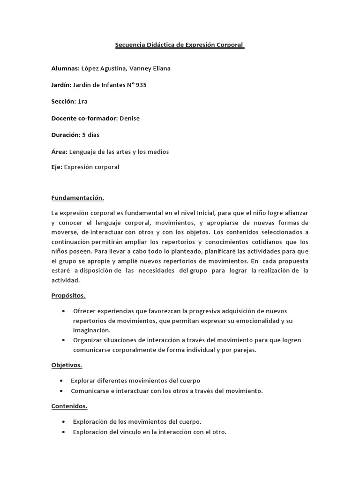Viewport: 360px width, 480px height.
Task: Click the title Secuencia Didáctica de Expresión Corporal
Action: tap(180, 45)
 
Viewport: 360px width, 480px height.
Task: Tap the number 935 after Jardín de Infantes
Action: tap(142, 85)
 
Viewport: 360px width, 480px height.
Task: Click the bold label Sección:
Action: tap(63, 102)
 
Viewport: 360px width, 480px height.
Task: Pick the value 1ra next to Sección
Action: tap(82, 102)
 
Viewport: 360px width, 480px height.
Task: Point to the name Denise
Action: tap(129, 118)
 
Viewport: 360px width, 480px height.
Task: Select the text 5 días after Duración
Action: tap(90, 135)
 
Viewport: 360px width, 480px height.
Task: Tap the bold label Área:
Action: tap(60, 152)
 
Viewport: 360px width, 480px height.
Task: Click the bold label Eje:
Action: tap(56, 167)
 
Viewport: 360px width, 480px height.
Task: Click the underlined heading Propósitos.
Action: tap(68, 296)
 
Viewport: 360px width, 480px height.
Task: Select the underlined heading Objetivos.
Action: tap(67, 365)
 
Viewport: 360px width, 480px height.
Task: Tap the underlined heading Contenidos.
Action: tap(69, 406)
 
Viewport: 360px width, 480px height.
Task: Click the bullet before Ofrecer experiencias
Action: tap(64, 311)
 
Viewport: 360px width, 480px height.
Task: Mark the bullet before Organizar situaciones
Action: tap(64, 340)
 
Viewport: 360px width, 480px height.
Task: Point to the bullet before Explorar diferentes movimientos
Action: tap(63, 381)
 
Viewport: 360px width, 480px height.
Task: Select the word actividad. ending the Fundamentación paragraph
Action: tap(66, 280)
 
